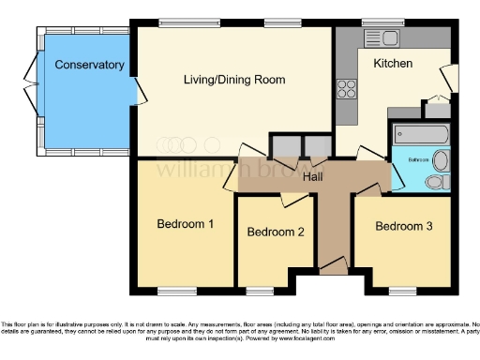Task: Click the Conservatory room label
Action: pyautogui.click(x=89, y=65)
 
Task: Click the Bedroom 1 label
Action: pyautogui.click(x=185, y=224)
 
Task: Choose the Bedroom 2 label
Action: pyautogui.click(x=275, y=232)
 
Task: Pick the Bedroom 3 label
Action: pyautogui.click(x=404, y=226)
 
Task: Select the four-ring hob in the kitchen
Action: pyautogui.click(x=347, y=90)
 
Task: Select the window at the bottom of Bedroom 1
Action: pyautogui.click(x=172, y=288)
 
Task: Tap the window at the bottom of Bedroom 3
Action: pyautogui.click(x=403, y=288)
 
